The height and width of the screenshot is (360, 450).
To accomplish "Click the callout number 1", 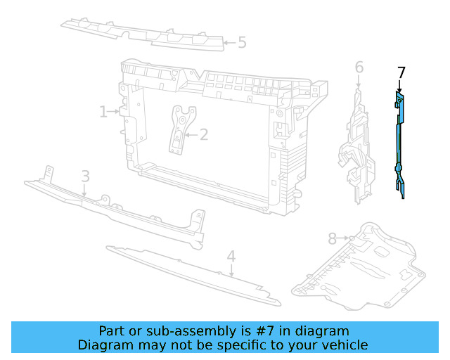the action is point(103,112).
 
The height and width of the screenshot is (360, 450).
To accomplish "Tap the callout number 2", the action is point(204,134).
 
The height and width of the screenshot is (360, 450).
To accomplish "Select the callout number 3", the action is point(86,176).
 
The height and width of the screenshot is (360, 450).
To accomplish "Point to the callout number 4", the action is point(231,257).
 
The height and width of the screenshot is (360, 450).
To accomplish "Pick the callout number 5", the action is point(242,42).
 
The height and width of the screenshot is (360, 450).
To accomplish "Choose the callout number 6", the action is point(359,67).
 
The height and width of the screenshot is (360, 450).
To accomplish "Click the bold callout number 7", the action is point(401,73).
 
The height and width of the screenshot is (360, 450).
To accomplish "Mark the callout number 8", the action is point(333,239).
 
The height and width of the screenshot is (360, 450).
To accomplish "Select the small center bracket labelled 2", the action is point(181,130).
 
